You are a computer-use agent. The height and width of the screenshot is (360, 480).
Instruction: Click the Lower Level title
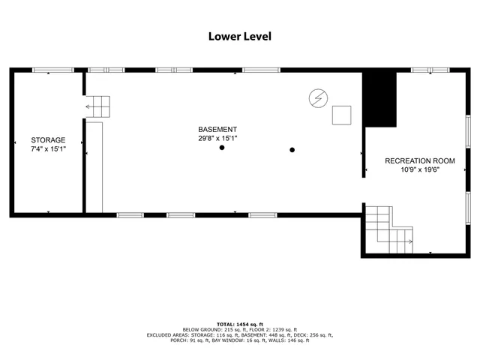[239, 35]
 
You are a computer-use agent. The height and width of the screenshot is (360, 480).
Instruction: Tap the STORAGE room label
[48, 140]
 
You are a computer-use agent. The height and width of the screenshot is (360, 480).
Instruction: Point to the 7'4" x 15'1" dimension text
[48, 149]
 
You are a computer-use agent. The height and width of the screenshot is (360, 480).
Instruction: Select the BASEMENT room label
[217, 129]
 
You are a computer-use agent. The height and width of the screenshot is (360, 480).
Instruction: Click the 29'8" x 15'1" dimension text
[217, 138]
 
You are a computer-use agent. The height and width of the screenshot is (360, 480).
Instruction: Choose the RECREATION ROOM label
[419, 160]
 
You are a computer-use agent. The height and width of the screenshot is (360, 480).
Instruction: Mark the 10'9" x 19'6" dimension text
[419, 169]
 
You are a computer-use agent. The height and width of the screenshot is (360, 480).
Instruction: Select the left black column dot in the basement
[222, 148]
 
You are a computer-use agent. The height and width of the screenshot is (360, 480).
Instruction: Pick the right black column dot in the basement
[292, 149]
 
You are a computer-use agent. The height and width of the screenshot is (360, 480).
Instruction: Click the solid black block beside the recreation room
[379, 99]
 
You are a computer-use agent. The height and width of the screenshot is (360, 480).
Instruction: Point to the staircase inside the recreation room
[389, 229]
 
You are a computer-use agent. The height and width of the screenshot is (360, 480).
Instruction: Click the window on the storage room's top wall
[52, 70]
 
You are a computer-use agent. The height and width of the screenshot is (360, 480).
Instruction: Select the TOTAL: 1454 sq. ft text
[239, 322]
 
